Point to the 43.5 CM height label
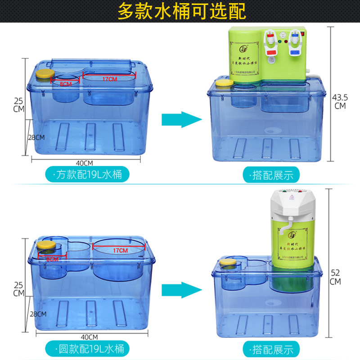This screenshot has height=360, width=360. point(340,101)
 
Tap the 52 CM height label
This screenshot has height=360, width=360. point(335,277)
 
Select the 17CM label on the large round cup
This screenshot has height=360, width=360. point(120,250)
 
